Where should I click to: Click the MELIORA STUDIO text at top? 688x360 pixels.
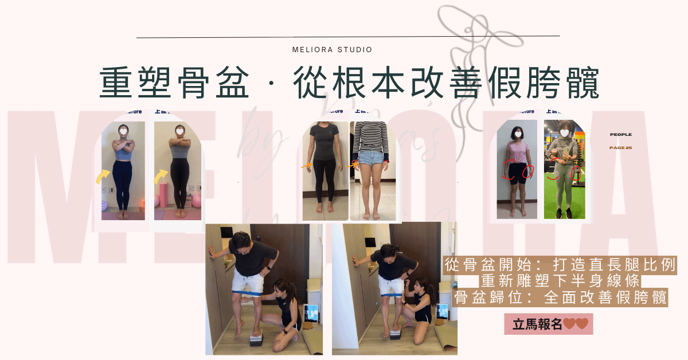point(332,50)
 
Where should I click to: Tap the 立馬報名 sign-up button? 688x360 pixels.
point(548,324)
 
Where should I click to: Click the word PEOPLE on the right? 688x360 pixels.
point(620,135)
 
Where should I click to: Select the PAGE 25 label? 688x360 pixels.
point(620,148)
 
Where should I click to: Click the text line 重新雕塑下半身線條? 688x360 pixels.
point(561,281)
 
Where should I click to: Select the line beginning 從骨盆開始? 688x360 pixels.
point(561,265)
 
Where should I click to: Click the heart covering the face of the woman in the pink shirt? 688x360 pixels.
point(517,133)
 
